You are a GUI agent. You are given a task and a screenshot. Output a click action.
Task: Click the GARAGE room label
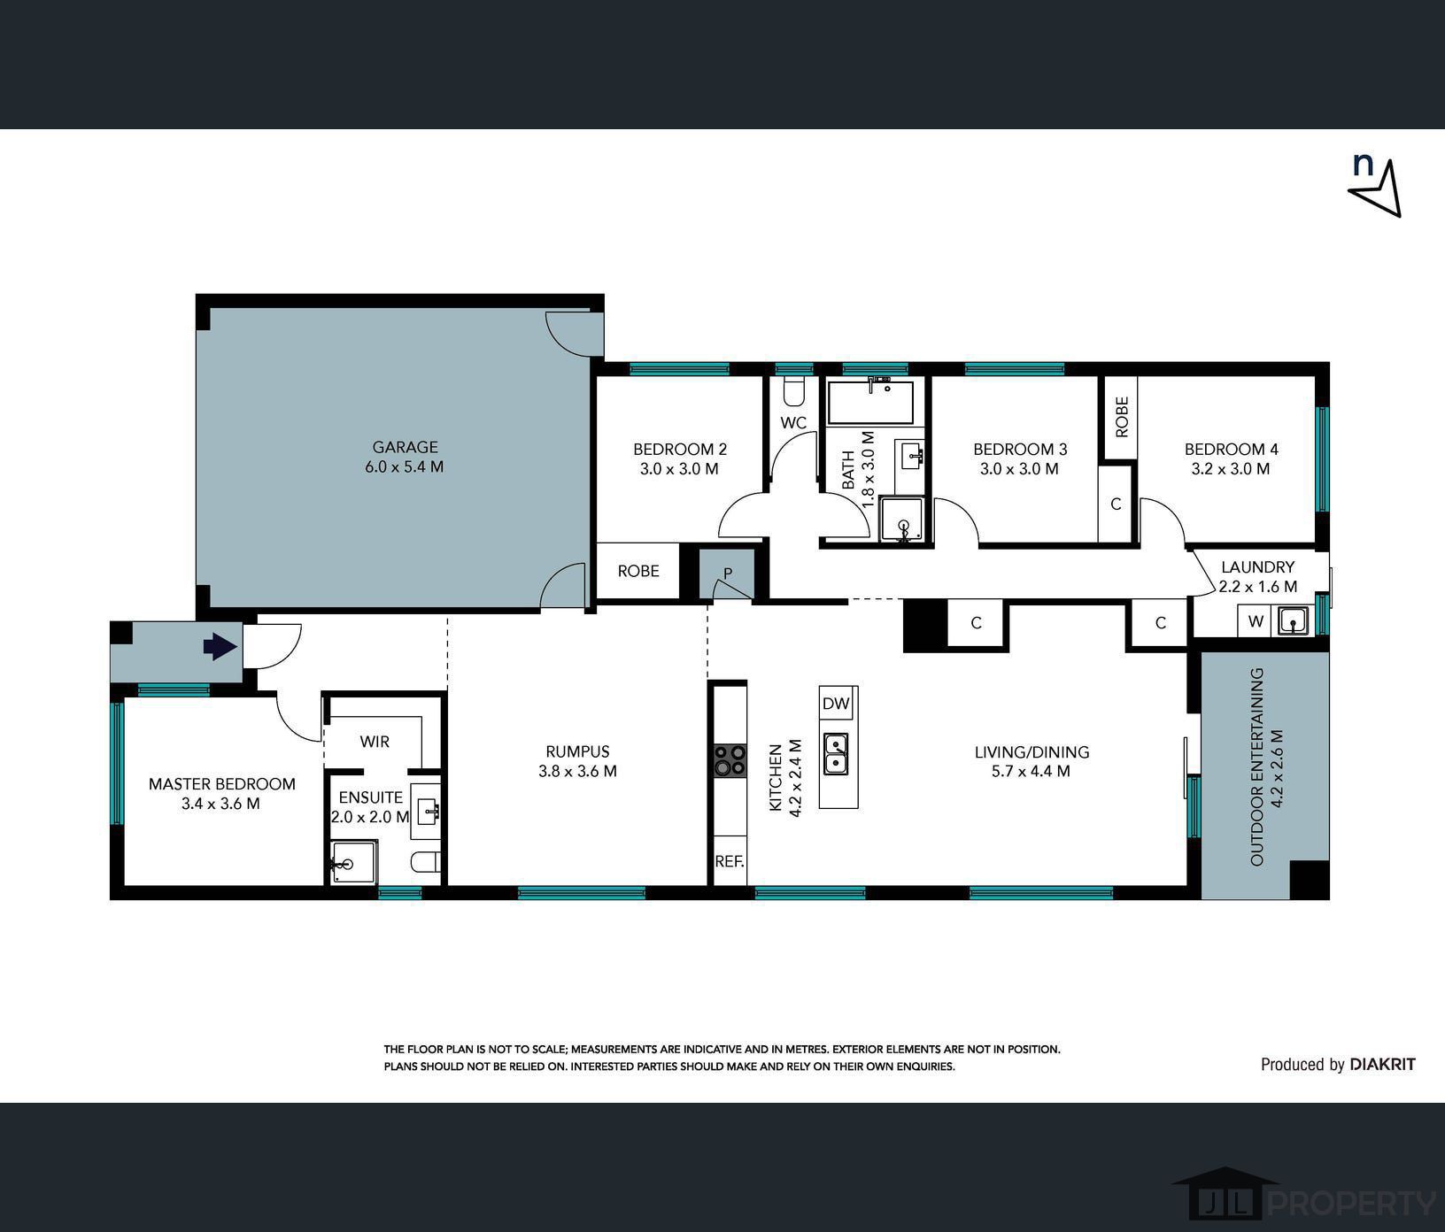click(x=405, y=448)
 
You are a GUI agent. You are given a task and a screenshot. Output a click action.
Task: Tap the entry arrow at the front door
click(x=220, y=647)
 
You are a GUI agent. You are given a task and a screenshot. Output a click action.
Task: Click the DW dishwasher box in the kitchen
click(x=836, y=705)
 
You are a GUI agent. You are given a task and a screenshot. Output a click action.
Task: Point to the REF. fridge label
click(x=730, y=860)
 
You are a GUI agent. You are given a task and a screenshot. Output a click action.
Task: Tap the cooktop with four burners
click(x=730, y=760)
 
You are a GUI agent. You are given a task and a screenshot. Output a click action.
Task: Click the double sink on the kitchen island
click(x=835, y=753)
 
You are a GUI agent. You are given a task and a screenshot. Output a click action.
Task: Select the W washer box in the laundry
click(x=1256, y=621)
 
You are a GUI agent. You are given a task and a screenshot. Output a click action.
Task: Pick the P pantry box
click(x=727, y=574)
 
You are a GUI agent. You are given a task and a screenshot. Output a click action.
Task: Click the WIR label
click(x=375, y=742)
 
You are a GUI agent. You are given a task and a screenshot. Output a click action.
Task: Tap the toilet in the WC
click(x=794, y=390)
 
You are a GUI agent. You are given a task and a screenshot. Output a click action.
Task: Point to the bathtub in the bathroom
click(x=871, y=403)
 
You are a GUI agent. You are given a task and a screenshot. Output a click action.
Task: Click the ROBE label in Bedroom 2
click(x=638, y=571)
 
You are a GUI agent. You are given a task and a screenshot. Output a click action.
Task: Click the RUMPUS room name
click(x=577, y=751)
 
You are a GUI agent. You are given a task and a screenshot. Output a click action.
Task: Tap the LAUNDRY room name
click(x=1257, y=567)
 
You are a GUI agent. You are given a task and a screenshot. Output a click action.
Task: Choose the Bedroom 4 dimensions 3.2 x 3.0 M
click(x=1231, y=469)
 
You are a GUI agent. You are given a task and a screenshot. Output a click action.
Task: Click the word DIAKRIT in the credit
click(x=1382, y=1065)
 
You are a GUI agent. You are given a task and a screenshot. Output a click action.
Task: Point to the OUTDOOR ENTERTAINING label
click(x=1256, y=767)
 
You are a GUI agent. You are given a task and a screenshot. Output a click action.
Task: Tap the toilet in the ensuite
click(x=426, y=861)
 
